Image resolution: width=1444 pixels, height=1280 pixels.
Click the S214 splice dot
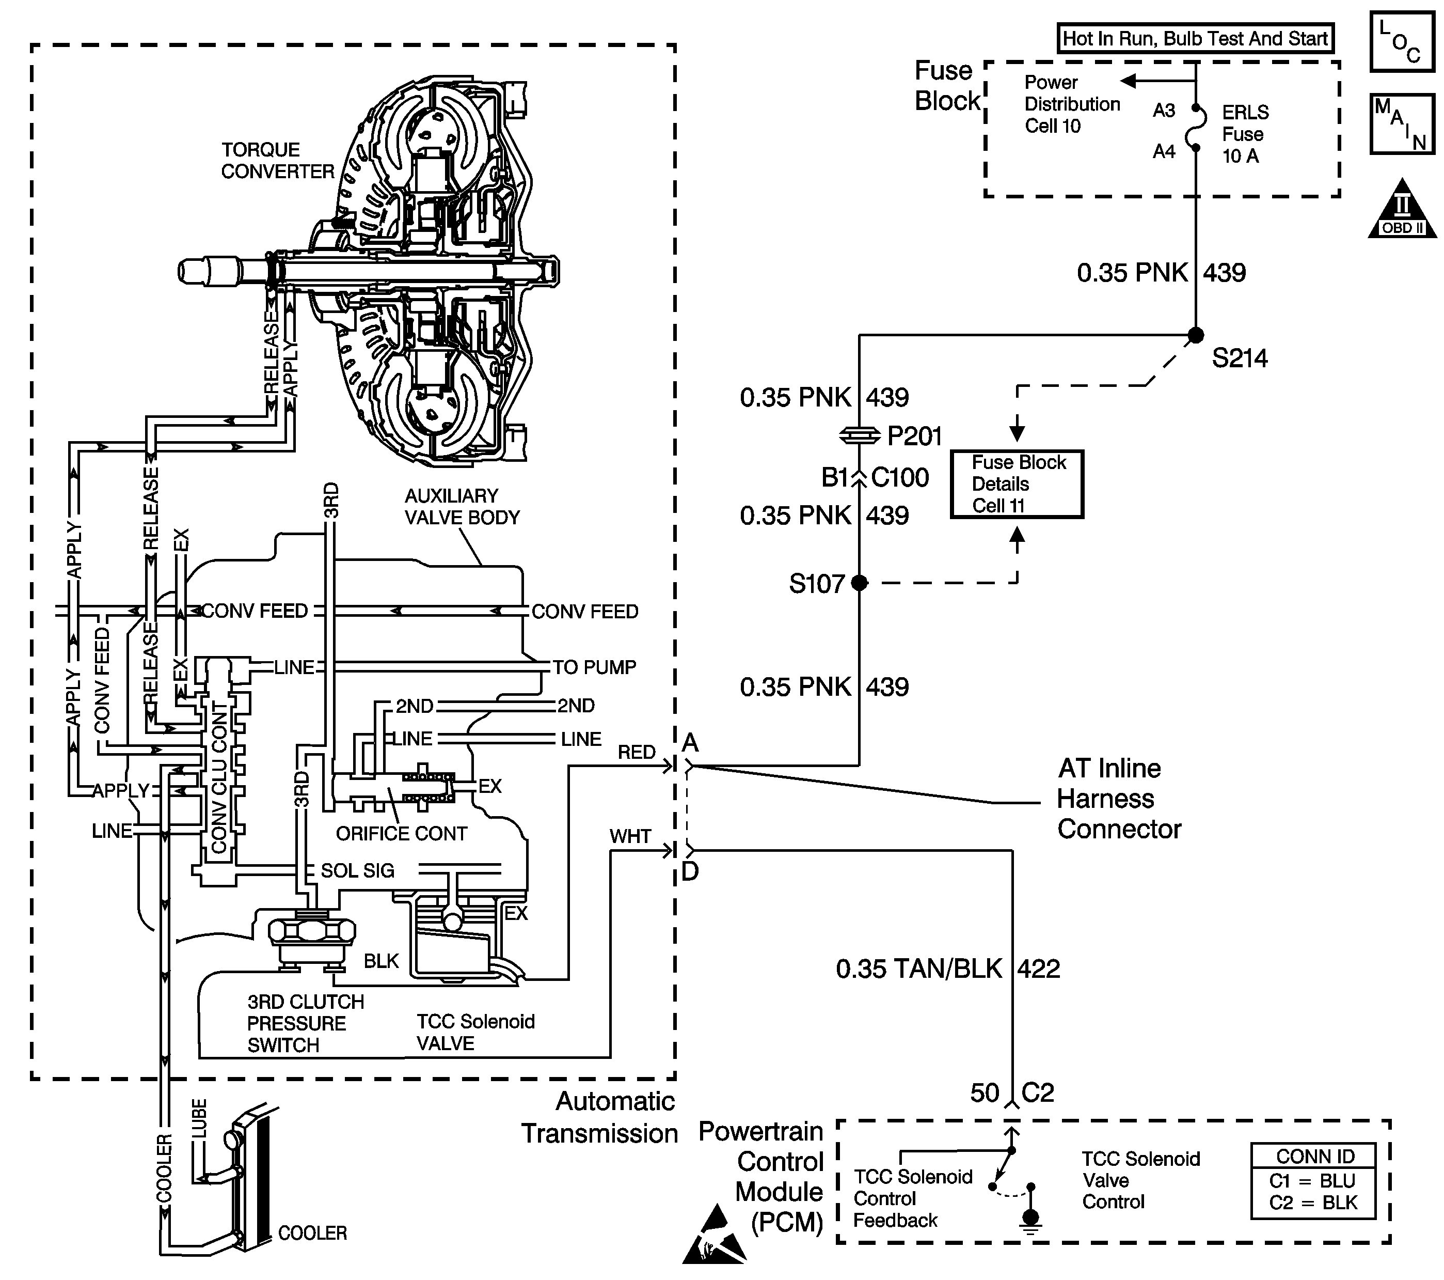[x=1195, y=335]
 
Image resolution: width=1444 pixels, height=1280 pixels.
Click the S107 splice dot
[x=859, y=582]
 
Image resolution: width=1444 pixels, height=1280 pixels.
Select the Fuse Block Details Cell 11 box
[x=1017, y=484]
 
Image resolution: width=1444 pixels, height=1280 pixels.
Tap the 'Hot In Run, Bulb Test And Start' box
[x=1195, y=38]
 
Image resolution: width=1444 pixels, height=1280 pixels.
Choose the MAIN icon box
[x=1402, y=123]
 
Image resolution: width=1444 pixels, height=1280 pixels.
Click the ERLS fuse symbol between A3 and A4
[x=1195, y=129]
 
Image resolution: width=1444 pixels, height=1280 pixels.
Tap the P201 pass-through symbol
[x=859, y=436]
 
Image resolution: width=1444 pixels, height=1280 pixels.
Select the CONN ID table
[x=1313, y=1181]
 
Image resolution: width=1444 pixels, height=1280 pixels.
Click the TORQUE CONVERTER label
[x=278, y=161]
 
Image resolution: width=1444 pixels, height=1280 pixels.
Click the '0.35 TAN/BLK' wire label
[x=919, y=969]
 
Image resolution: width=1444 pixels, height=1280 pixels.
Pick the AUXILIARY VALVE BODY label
[x=462, y=507]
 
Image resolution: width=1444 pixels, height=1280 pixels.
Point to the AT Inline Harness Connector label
[x=1119, y=799]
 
